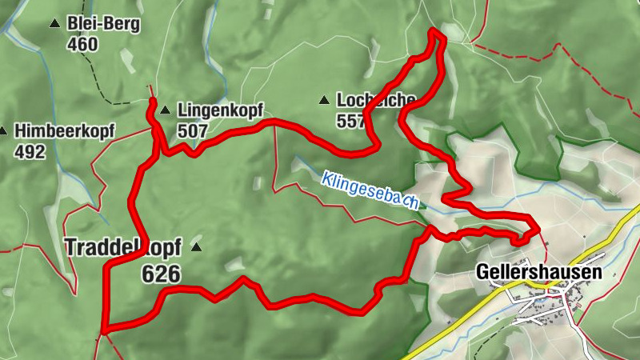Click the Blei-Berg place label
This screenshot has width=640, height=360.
(104, 24)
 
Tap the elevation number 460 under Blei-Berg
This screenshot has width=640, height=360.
(83, 44)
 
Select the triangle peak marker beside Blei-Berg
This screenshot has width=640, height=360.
(54, 24)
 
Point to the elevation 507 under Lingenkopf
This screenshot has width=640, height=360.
(193, 130)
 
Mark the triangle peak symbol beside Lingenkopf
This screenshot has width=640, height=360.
(165, 110)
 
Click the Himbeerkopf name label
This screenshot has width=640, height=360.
(65, 130)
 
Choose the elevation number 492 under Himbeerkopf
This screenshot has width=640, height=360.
(30, 151)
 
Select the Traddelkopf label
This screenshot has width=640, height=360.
(123, 247)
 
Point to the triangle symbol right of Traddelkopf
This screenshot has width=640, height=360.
(196, 247)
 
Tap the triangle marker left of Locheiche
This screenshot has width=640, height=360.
(324, 100)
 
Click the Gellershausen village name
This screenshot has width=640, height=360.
(538, 272)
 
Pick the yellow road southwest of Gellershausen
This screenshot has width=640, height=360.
(448, 328)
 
